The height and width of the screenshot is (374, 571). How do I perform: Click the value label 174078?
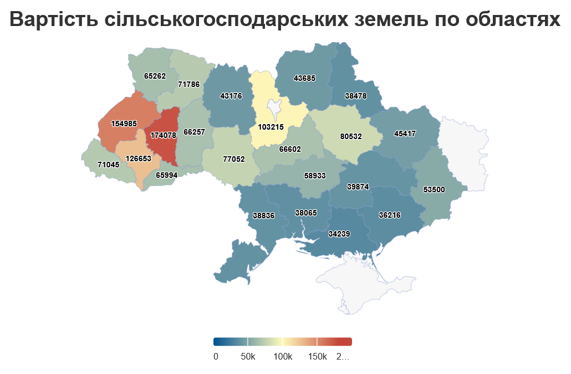coord(163,135)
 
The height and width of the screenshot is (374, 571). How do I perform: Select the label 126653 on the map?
coord(139,158)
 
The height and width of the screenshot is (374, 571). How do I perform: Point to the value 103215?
coord(271,127)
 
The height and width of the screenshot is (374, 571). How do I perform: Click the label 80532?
coord(350,136)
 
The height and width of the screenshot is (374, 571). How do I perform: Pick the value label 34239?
coord(339,234)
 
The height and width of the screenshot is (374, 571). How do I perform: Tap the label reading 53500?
coord(434,189)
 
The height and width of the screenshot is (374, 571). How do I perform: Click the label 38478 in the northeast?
coord(355,96)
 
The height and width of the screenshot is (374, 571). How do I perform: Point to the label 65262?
coord(155,76)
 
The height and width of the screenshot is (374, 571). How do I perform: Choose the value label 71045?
coord(108,165)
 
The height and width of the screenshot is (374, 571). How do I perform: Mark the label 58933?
coord(314,176)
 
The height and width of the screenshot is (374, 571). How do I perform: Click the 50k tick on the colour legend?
coord(248,356)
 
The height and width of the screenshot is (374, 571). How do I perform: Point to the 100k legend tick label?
coord(282,356)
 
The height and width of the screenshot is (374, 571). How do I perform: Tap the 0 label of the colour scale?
coord(216,356)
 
